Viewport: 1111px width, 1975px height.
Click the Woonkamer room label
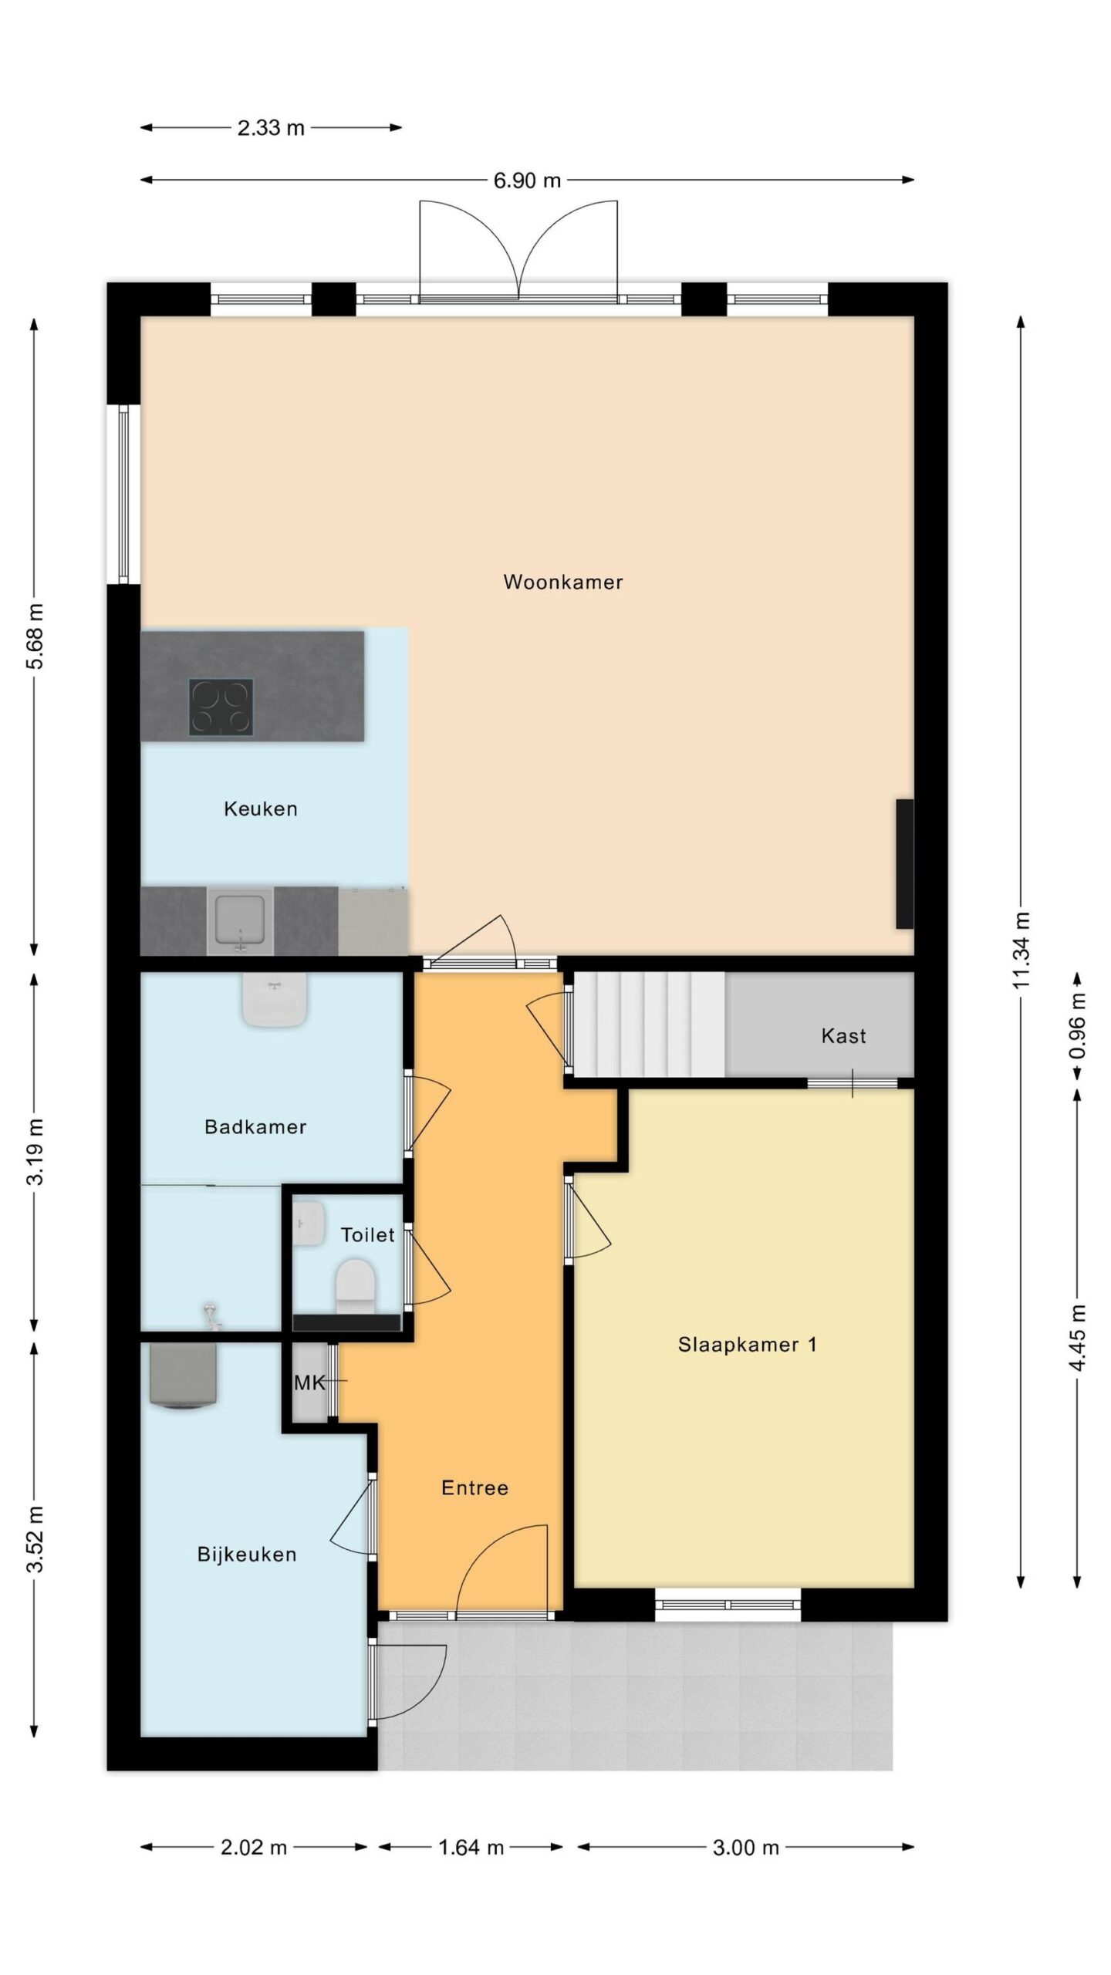click(x=562, y=582)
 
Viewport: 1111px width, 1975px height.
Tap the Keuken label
click(x=260, y=809)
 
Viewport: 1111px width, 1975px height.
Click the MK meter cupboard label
click(x=310, y=1383)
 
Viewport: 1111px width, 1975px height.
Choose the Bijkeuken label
click(x=247, y=1555)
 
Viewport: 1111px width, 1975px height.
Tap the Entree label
click(x=474, y=1488)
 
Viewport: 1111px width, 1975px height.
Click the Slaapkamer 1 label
click(x=747, y=1345)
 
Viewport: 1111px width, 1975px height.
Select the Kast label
click(x=843, y=1036)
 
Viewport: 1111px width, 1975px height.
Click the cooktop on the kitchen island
click(x=221, y=707)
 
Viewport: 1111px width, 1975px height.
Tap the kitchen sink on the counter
click(x=240, y=921)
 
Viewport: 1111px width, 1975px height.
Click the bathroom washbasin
click(x=275, y=1000)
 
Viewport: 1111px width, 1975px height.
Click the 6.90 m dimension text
click(x=527, y=181)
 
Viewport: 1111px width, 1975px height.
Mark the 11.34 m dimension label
click(x=1021, y=950)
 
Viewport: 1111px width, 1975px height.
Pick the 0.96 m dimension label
click(x=1078, y=1025)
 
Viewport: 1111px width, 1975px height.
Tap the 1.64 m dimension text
click(x=471, y=1848)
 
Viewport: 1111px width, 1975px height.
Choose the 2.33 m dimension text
click(x=271, y=128)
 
